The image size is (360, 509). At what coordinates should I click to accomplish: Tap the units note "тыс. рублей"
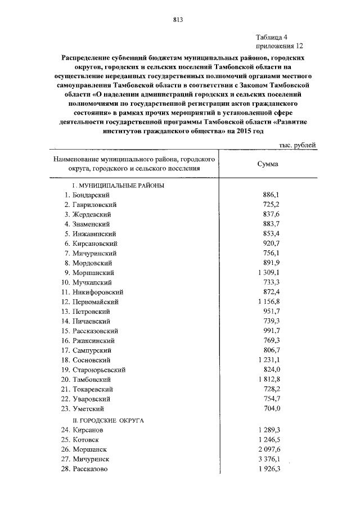point(298,145)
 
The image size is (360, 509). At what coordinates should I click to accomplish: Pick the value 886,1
point(271,195)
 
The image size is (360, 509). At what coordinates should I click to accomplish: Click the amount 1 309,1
point(268,273)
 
